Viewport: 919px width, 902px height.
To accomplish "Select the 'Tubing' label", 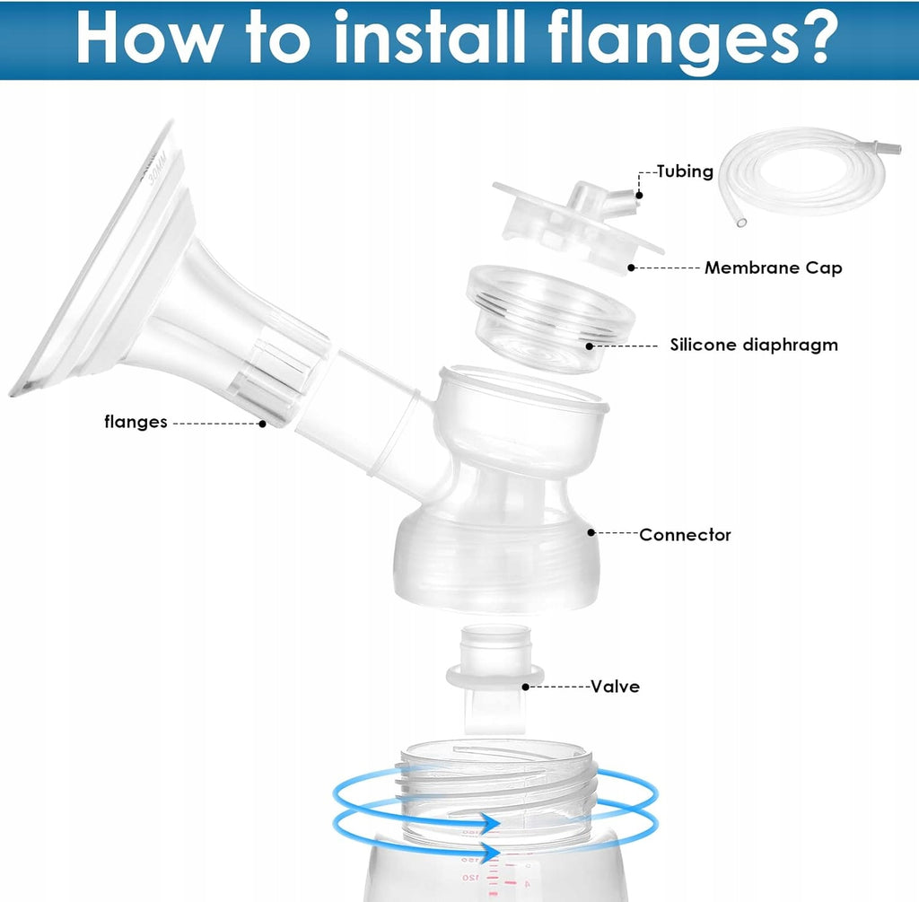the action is [x=685, y=171].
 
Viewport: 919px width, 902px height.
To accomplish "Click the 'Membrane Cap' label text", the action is [x=773, y=267].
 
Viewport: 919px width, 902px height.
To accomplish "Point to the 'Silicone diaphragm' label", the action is [x=754, y=345].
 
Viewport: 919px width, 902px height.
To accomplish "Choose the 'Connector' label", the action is [x=685, y=535].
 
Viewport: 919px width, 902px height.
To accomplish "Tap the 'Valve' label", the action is [x=615, y=687].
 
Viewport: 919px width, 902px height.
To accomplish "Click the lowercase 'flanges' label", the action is [x=136, y=422].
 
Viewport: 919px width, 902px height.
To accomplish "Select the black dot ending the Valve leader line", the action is [x=526, y=687].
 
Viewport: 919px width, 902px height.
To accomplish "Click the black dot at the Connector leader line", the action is [x=591, y=533].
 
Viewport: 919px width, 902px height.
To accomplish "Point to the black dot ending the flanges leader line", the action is [x=263, y=424].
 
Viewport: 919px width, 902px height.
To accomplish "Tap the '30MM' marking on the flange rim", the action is [x=156, y=170].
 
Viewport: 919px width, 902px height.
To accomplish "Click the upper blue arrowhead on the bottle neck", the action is [x=491, y=822].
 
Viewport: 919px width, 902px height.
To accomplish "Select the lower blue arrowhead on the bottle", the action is [x=491, y=851].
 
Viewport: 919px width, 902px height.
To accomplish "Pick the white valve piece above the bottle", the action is [x=495, y=679].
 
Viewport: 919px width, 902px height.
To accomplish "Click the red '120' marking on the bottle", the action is [x=470, y=877].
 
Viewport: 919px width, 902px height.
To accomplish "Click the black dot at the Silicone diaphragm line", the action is [x=590, y=346].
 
